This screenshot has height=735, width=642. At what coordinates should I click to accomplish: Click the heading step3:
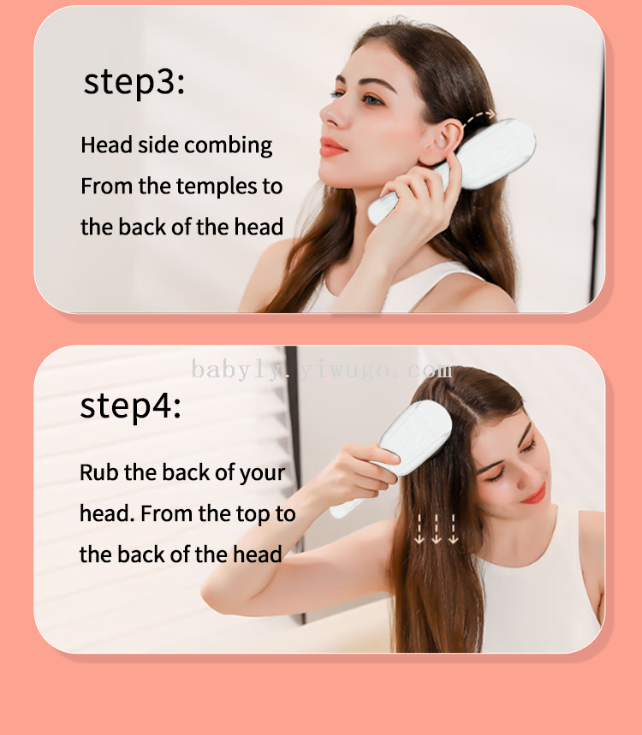coord(134,81)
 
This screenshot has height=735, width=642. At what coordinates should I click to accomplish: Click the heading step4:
coord(131,406)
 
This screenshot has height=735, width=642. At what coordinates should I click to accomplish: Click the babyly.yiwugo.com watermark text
coord(322,370)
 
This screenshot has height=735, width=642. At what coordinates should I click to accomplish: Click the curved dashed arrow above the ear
coord(479,116)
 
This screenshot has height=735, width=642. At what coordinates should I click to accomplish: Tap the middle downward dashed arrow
coord(436,530)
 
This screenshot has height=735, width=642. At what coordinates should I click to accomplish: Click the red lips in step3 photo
coord(332,146)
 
